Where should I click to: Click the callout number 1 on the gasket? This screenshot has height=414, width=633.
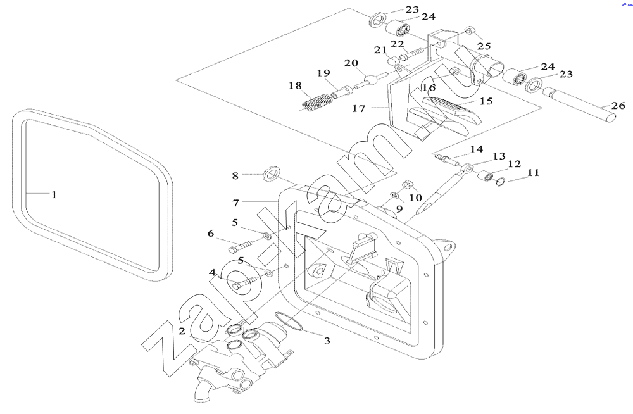tap(54, 195)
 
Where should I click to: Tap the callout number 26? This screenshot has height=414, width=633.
tap(618, 106)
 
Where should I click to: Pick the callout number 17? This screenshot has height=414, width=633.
tap(358, 109)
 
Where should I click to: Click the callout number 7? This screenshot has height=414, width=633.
tap(235, 203)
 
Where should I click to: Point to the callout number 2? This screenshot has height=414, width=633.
tap(182, 332)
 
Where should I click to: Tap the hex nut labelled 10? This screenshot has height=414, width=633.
tap(406, 185)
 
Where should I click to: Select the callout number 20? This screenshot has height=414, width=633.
tap(351, 63)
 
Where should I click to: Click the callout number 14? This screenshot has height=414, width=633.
tap(477, 149)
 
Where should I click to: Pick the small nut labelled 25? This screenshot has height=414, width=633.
tap(470, 30)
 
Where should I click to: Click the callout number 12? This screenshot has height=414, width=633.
tap(514, 164)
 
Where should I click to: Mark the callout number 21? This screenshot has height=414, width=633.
tap(380, 50)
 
